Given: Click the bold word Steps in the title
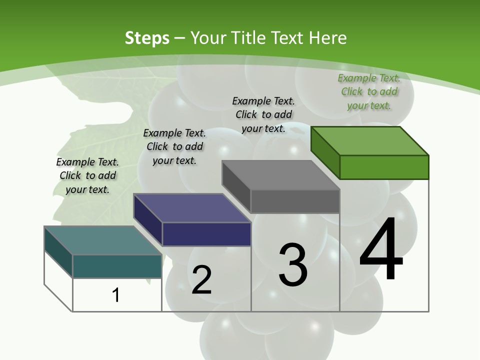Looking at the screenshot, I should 147,38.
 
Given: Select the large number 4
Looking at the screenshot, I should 381,250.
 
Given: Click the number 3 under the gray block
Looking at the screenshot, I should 293,265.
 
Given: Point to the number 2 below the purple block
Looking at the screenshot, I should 202,280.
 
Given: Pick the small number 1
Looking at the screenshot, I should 116,295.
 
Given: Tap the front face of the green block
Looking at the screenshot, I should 384,167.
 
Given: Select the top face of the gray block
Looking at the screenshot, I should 281,175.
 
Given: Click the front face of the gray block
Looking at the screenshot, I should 295,201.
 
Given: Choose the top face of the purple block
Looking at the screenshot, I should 192,208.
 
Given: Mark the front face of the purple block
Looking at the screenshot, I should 206,234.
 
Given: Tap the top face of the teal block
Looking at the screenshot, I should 103,240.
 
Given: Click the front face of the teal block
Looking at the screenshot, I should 117,266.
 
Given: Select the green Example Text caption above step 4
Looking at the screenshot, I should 369,91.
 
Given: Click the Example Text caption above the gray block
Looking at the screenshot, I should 263,114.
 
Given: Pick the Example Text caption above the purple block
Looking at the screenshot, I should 174,146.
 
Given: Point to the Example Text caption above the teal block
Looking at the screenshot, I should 87,175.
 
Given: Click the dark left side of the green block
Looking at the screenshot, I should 325,152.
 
